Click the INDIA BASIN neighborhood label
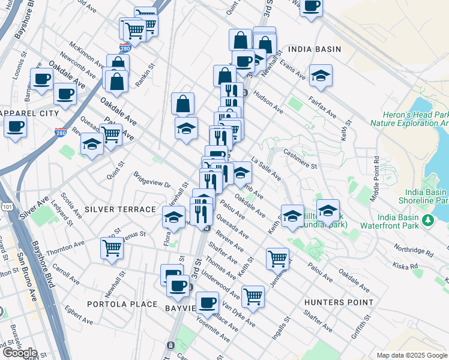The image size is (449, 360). point(314,49)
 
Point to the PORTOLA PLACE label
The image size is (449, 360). point(122,304)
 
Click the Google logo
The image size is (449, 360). point(20,353)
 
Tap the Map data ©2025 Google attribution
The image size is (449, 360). point(412,355)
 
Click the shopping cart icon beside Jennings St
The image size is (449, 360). point(277,259)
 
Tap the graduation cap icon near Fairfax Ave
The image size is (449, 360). point(321,75)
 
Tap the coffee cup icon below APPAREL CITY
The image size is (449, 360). point(15,126)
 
